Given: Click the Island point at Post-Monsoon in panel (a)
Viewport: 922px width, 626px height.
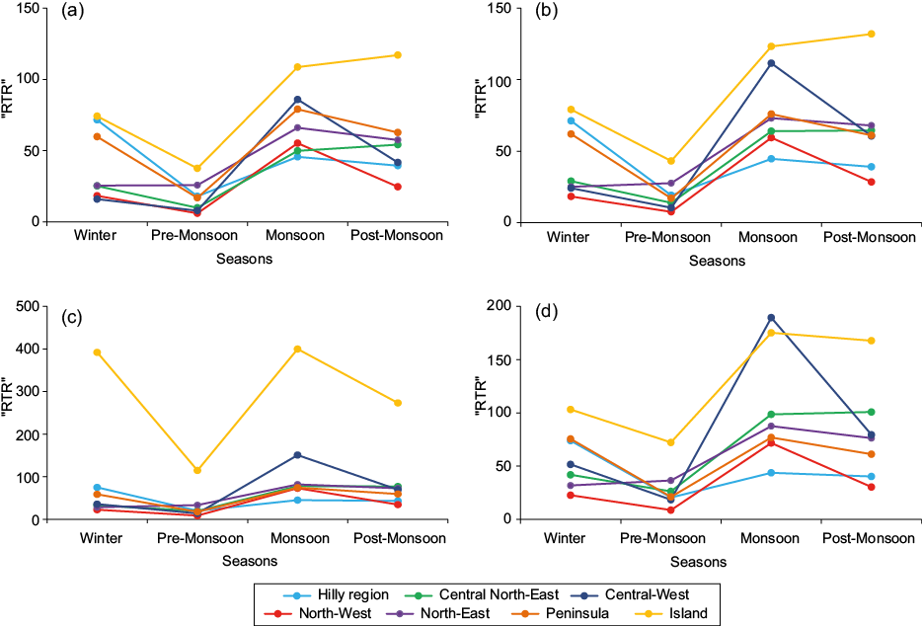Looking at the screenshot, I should point(398,55).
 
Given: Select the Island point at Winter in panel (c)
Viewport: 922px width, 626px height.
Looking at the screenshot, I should point(98,352).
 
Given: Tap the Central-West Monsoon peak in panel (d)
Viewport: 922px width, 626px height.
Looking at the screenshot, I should point(771,318).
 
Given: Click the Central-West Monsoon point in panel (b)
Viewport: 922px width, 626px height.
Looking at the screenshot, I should point(771,63).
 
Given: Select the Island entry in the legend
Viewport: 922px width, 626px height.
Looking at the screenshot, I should point(670,613).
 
